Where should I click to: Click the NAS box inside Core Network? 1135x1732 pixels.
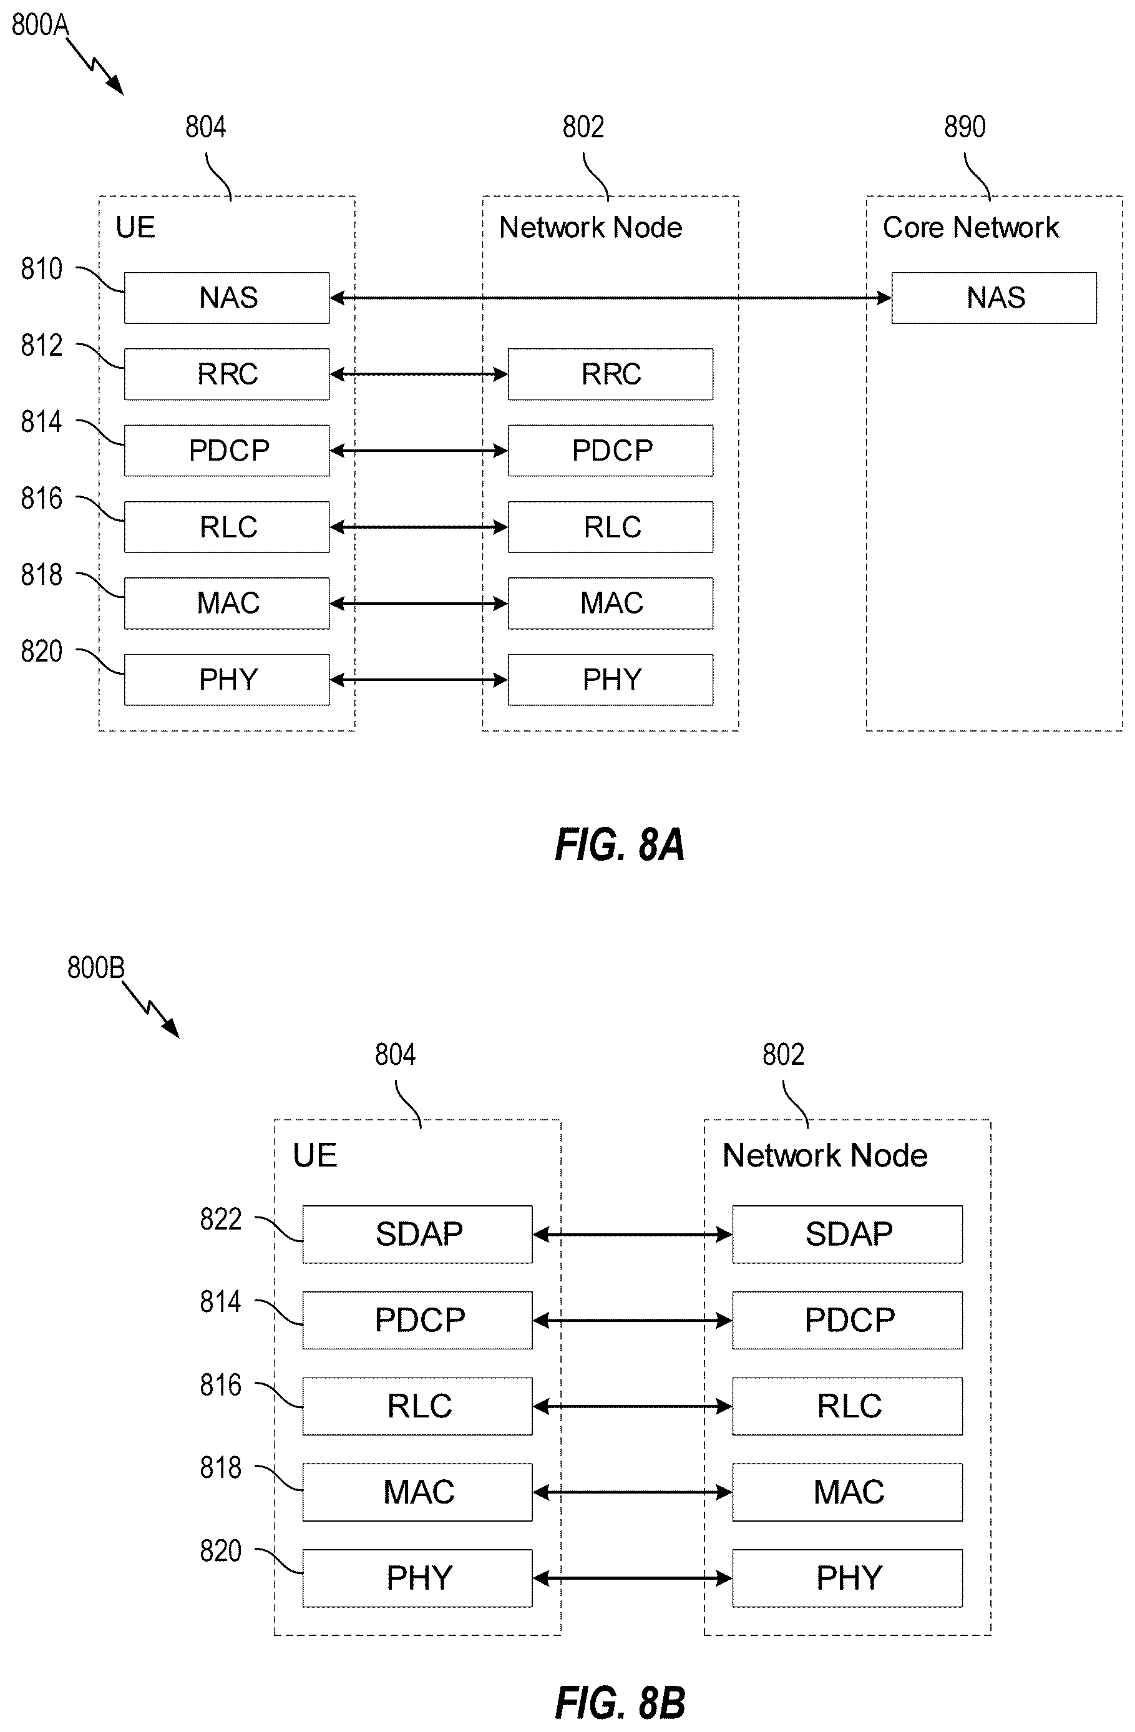tap(994, 298)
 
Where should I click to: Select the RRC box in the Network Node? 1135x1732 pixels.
tap(610, 374)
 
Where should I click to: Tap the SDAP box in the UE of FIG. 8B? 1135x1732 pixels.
tap(417, 1234)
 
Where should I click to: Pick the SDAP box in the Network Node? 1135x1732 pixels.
tap(847, 1234)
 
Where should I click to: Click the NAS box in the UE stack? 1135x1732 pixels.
tap(227, 298)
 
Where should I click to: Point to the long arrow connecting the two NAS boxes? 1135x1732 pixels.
tap(610, 298)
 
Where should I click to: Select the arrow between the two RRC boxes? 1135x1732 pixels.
tap(418, 374)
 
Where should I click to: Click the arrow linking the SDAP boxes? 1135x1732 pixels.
tap(632, 1234)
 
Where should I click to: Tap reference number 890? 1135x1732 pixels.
tap(965, 127)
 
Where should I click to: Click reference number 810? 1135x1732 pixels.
tap(41, 269)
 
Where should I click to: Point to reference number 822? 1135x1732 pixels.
tap(220, 1219)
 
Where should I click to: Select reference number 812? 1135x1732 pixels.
tap(41, 346)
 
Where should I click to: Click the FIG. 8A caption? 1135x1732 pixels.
tap(620, 845)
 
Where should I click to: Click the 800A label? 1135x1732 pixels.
tap(40, 26)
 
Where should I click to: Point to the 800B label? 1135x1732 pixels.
tap(96, 968)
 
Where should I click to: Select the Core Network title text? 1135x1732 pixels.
tap(970, 228)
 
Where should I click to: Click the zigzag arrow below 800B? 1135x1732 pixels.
tap(150, 1009)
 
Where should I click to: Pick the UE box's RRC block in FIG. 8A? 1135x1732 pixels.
tap(227, 374)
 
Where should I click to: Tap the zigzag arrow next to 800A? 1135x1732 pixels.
tap(95, 67)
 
